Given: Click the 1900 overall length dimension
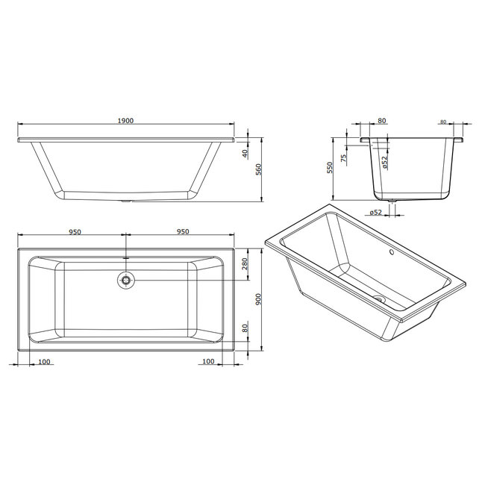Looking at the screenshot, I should [125, 120].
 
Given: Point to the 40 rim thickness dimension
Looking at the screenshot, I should [244, 153].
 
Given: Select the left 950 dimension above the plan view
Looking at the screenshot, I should [74, 232].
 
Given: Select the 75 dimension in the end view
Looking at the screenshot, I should [343, 157].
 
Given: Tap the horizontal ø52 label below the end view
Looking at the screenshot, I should [375, 213].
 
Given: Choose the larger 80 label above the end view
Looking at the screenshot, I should [381, 120].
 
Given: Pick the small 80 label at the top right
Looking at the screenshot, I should [442, 121].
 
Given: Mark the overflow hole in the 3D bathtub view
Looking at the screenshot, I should [389, 251].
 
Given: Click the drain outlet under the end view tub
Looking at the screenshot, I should [392, 200].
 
